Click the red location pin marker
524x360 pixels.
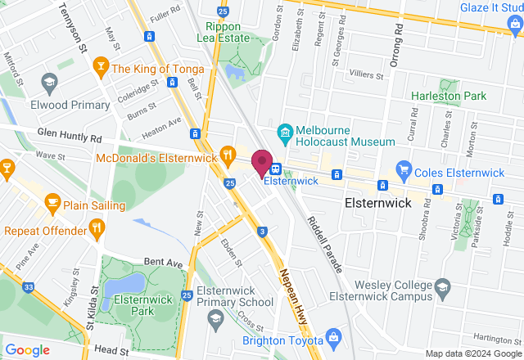click(262, 163)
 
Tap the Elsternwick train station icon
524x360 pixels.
click(276, 169)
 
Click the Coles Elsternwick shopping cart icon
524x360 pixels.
click(403, 169)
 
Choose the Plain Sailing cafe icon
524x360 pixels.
click(53, 201)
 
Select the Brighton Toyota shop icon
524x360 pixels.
click(333, 337)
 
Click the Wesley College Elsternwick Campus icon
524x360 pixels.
click(442, 287)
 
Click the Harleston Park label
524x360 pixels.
click(448, 96)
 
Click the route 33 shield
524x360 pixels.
click(29, 287)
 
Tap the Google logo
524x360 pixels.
click(27, 350)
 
